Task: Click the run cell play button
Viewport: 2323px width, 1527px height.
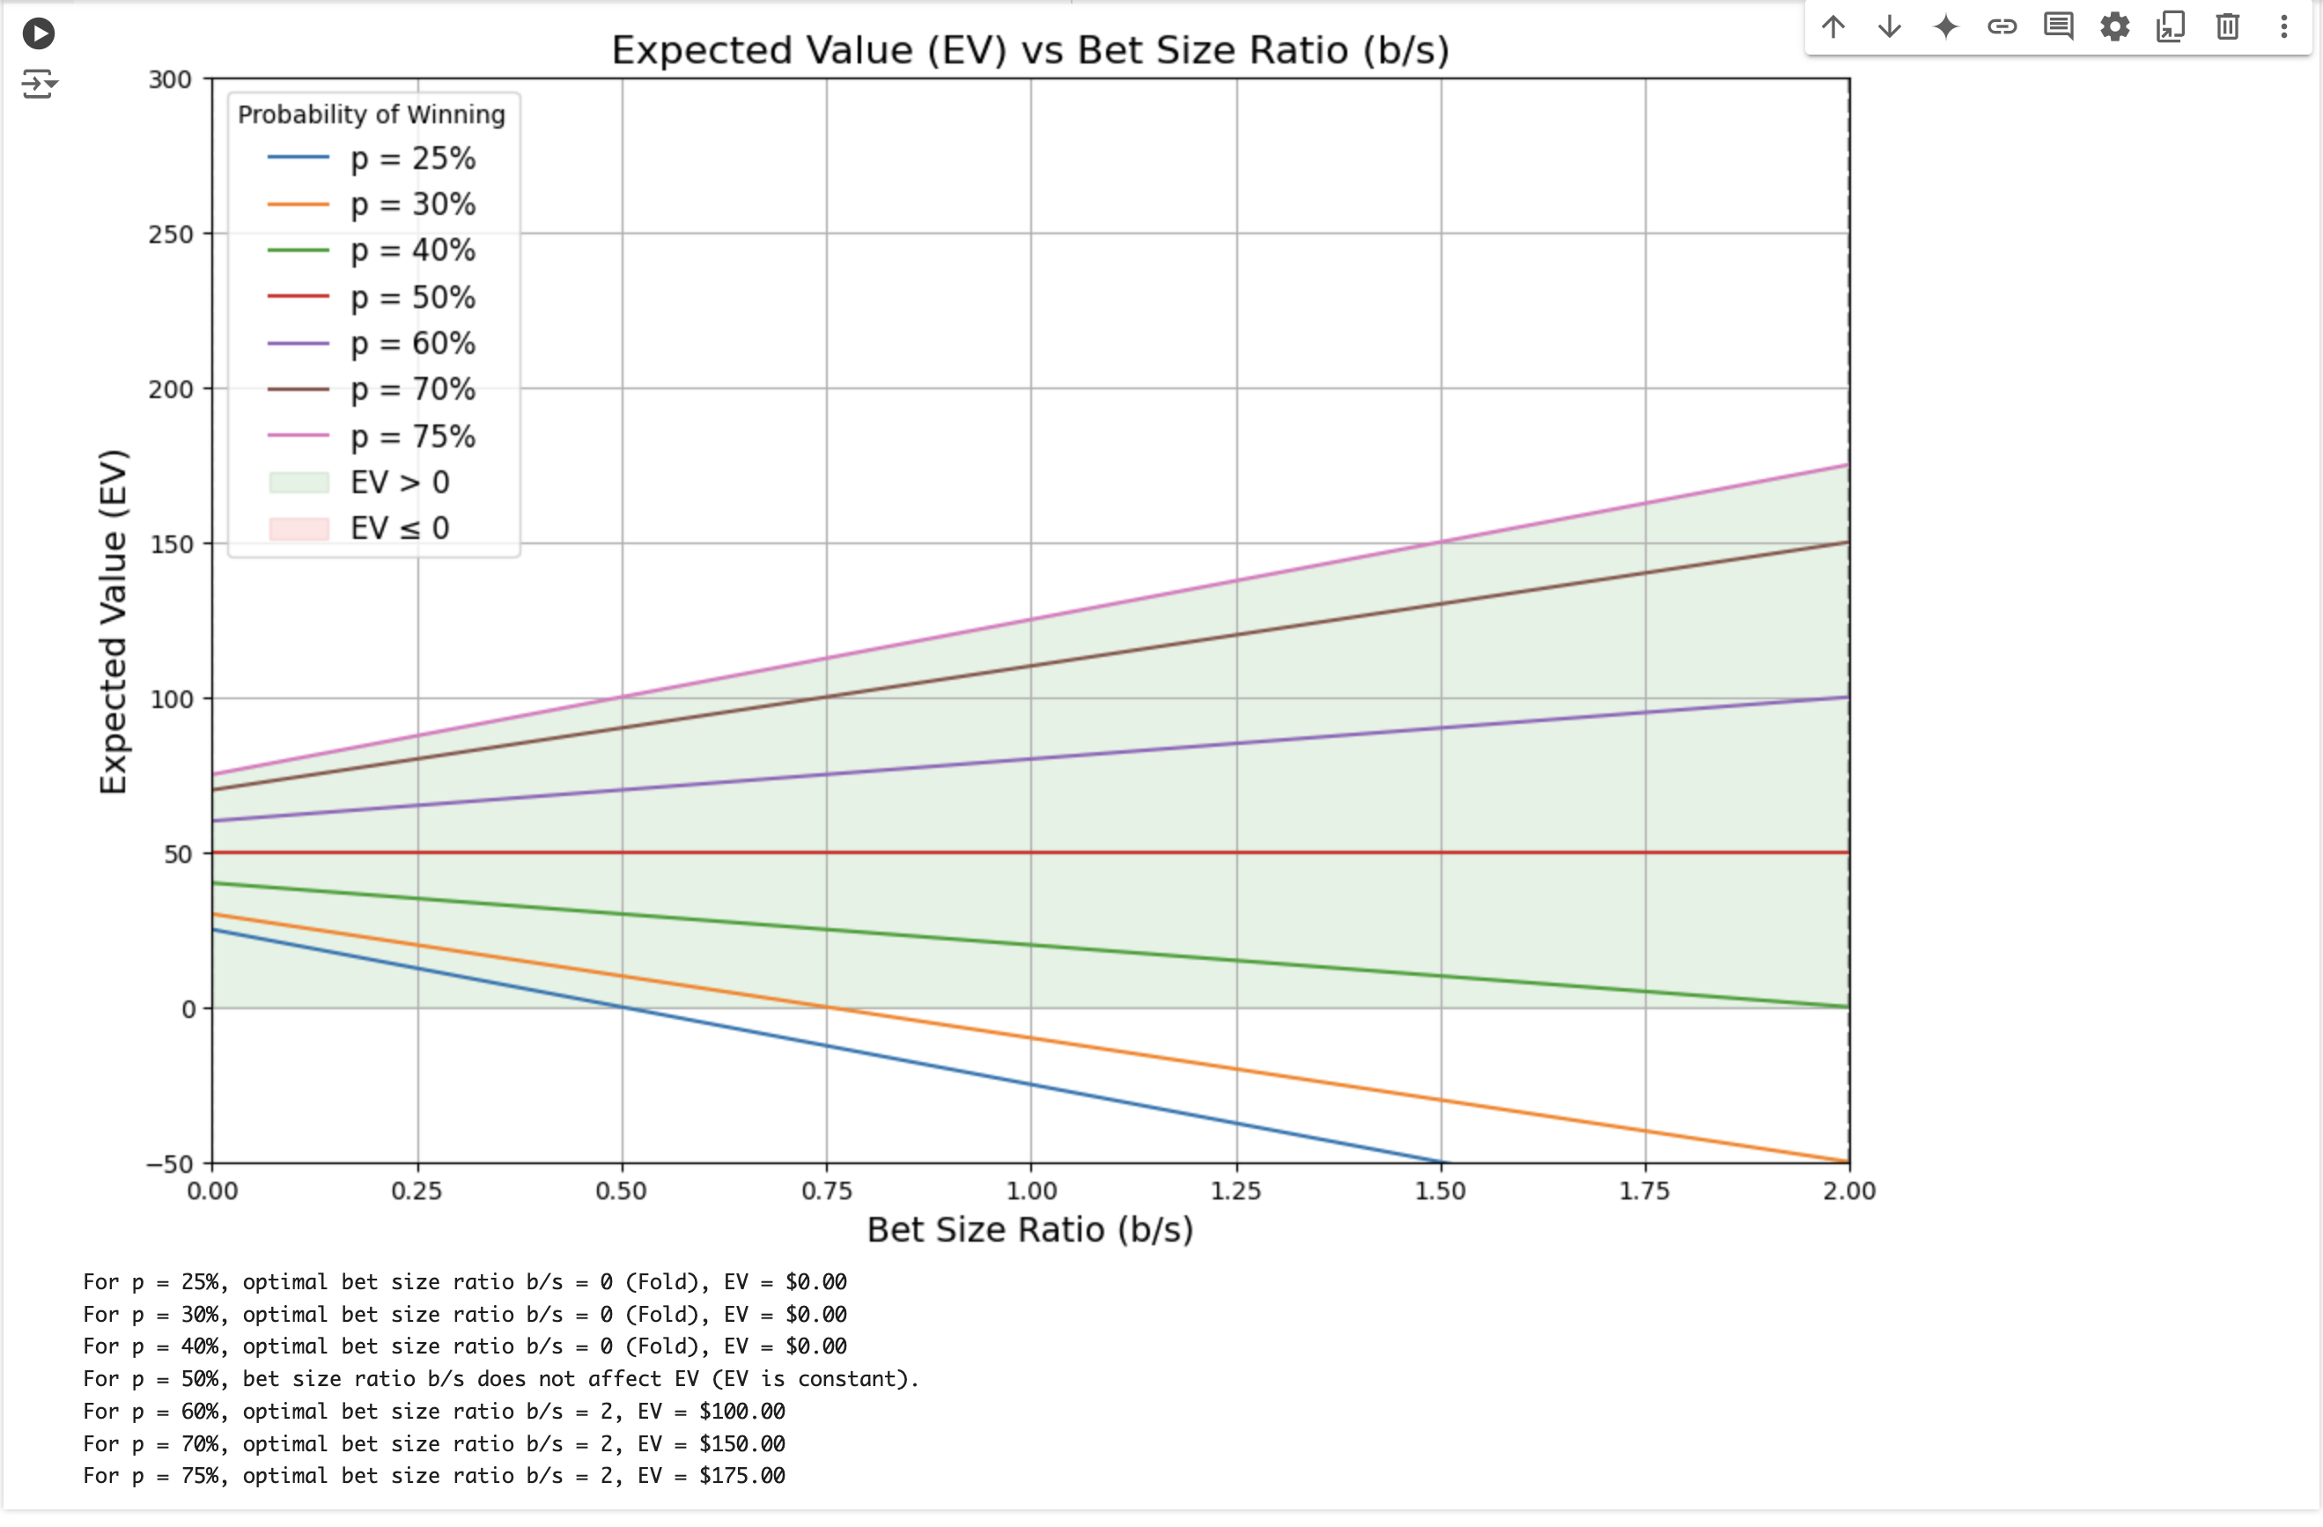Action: [x=38, y=33]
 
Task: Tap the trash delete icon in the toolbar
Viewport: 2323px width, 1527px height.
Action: [x=2227, y=26]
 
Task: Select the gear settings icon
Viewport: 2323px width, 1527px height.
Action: [x=2114, y=26]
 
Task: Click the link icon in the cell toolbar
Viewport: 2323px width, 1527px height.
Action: [x=2002, y=26]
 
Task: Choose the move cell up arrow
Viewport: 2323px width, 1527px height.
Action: [x=1833, y=26]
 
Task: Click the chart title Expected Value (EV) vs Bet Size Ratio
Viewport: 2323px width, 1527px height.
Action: [x=1029, y=50]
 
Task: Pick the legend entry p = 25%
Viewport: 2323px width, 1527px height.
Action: [x=412, y=159]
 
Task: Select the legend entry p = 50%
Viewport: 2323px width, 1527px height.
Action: [x=412, y=297]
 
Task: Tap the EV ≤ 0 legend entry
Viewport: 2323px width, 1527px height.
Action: [x=399, y=528]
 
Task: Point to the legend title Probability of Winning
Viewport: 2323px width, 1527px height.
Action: [x=371, y=114]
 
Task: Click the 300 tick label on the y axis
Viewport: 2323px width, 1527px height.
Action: [x=170, y=80]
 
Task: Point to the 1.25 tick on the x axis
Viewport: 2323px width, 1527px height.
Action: [x=1235, y=1191]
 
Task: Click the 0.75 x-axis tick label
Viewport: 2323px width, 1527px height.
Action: [x=827, y=1191]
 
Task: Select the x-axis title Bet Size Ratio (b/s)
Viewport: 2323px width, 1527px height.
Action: [x=1029, y=1229]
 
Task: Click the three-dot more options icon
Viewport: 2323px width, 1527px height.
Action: [x=2284, y=26]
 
